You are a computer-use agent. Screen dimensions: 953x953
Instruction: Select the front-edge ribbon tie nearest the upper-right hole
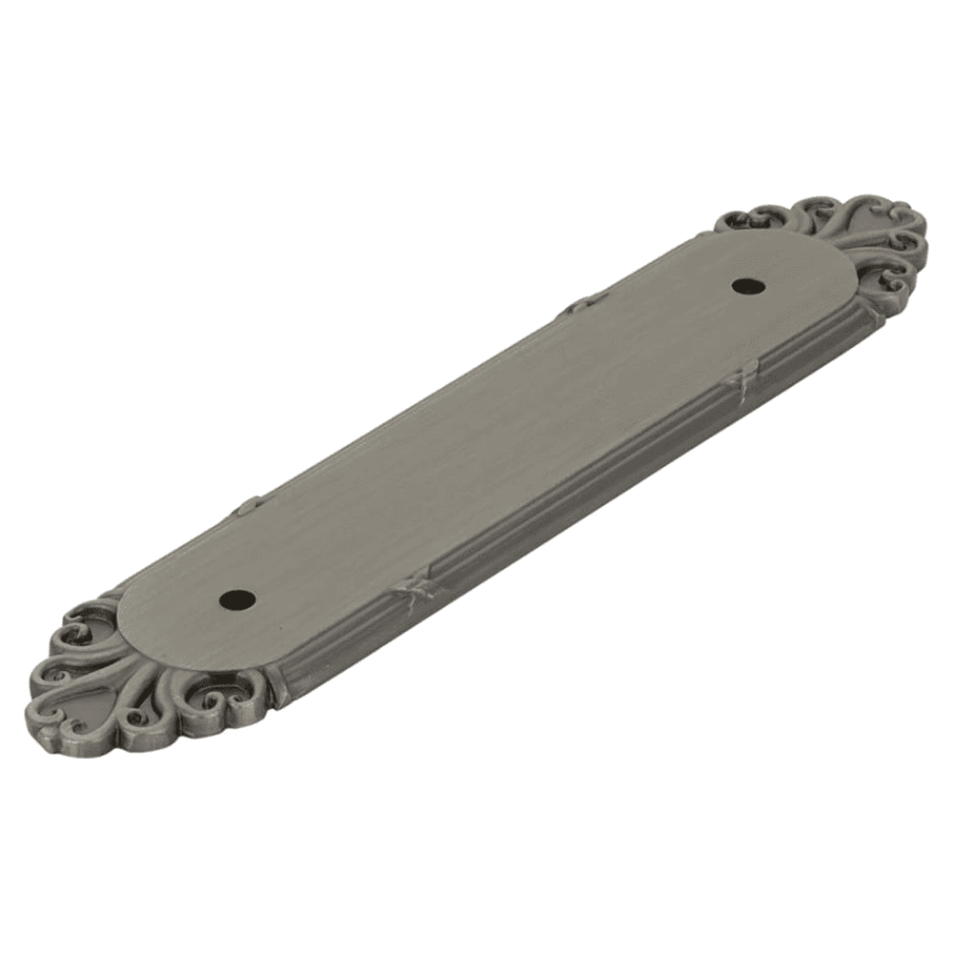click(740, 380)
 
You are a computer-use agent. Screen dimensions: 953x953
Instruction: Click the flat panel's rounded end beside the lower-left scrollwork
click(143, 619)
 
